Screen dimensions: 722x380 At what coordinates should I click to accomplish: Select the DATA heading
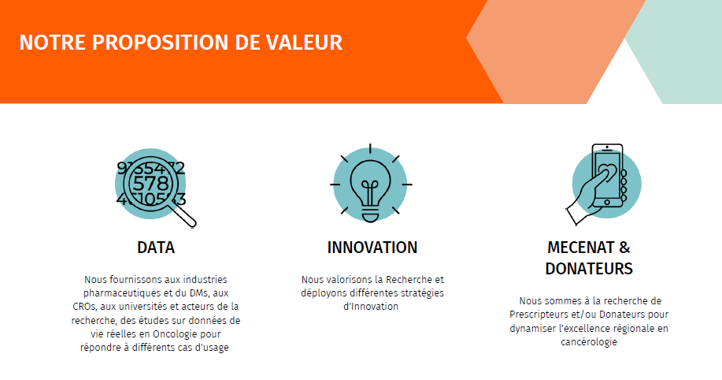(x=156, y=248)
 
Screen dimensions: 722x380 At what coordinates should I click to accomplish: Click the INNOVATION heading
(x=372, y=248)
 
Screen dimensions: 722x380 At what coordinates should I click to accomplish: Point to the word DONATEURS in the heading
(x=589, y=268)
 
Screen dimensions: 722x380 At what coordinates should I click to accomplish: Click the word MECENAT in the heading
(x=580, y=248)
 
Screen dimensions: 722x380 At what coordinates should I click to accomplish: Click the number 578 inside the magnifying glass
(x=150, y=184)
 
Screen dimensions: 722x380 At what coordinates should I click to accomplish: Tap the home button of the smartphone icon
(x=607, y=203)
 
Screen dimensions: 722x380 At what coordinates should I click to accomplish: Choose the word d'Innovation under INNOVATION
(x=371, y=306)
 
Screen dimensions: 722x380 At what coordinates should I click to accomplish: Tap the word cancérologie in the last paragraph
(x=589, y=341)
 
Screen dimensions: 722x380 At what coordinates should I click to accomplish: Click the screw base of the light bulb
(x=370, y=215)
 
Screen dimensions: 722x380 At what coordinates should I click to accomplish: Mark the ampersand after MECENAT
(x=624, y=248)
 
